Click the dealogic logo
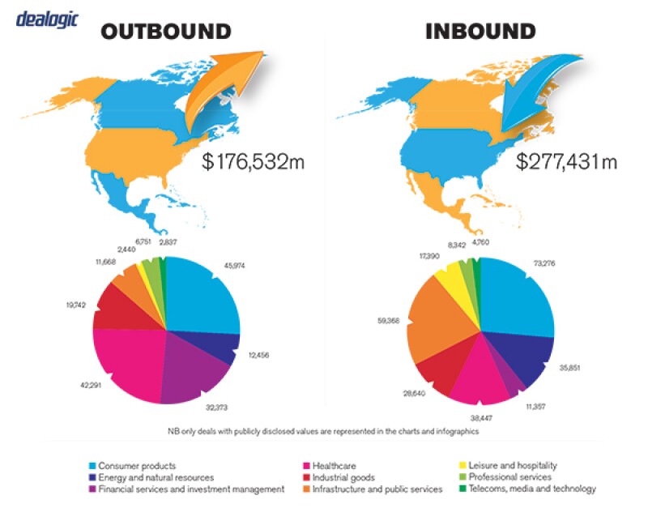47,18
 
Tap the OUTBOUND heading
165,32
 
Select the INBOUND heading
480,32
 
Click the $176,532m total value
253,161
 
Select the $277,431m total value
567,161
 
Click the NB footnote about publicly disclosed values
324,432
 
